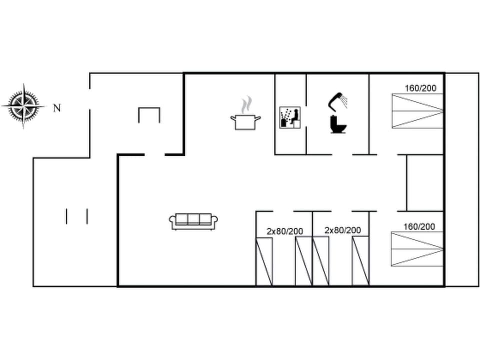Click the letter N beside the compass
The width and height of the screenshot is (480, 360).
(x=57, y=107)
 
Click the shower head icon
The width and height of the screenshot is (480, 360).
(x=338, y=99)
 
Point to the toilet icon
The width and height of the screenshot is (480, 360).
(x=338, y=124)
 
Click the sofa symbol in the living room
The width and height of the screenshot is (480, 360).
(x=194, y=221)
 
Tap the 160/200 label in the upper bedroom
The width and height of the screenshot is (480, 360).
(x=420, y=88)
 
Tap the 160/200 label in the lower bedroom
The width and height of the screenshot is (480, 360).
(x=419, y=226)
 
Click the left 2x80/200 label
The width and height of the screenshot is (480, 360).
(x=284, y=231)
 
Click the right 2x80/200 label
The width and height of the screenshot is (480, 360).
(x=342, y=230)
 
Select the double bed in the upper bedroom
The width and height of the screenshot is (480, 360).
(x=417, y=110)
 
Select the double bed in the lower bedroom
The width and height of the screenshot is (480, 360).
(x=417, y=249)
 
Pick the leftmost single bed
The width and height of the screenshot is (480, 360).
(x=264, y=261)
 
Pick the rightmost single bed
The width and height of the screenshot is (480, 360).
(x=360, y=261)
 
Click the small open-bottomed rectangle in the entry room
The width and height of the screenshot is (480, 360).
(x=149, y=114)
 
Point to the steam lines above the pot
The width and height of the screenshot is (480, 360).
(x=245, y=105)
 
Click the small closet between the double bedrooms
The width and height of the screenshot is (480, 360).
(x=424, y=182)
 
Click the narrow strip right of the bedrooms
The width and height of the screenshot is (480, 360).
(x=461, y=180)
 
